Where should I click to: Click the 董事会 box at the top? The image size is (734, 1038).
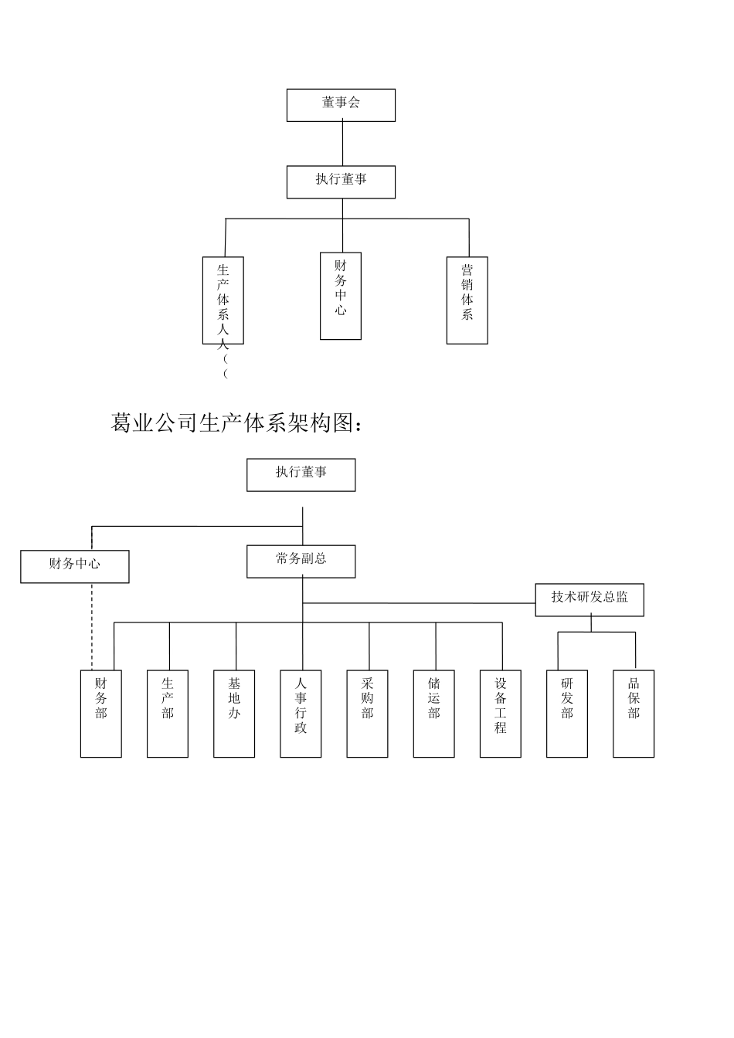pos(341,105)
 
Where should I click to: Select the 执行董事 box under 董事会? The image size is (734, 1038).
pos(341,181)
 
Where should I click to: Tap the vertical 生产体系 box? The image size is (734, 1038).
pos(223,300)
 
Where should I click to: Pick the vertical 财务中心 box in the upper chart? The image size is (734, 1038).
pos(341,296)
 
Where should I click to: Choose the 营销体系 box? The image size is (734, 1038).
pos(467,300)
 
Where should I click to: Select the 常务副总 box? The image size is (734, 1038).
pos(301,561)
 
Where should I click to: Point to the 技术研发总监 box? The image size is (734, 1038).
pos(590,599)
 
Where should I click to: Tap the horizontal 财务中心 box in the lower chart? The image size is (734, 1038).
pos(75,566)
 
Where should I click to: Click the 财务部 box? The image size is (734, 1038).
pos(101,714)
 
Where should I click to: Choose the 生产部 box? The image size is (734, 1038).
pos(168,714)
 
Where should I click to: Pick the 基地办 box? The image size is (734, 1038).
pos(234,714)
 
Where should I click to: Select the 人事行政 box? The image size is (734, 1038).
pos(301,714)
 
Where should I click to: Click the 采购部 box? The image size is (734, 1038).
pos(368,714)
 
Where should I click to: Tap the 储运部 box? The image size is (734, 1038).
pos(434,714)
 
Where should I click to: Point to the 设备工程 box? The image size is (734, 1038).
pos(501,714)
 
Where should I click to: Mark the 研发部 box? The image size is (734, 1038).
pos(567,714)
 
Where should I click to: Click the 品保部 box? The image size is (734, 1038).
pos(634,714)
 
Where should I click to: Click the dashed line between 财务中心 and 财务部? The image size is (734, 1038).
pos(92,626)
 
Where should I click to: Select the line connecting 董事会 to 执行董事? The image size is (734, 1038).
pos(342,144)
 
